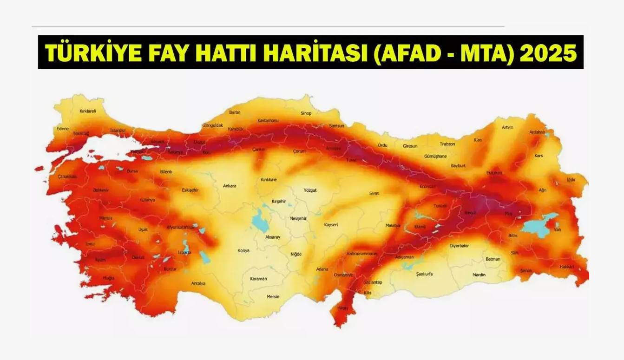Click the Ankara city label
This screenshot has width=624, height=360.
[x=230, y=186]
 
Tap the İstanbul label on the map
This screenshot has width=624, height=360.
[x=118, y=131]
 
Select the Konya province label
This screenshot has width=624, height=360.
[x=243, y=250]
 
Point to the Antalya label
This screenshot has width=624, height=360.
[x=198, y=283]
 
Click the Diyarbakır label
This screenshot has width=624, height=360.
[x=459, y=246]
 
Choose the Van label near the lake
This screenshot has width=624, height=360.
[x=558, y=229]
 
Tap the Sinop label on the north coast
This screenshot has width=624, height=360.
[x=306, y=113]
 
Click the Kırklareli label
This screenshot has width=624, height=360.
[x=87, y=111]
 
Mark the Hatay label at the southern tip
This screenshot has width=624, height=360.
[x=343, y=308]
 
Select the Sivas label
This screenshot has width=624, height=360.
[x=374, y=193]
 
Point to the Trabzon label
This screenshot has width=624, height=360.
[x=447, y=144]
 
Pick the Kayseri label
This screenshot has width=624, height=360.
[x=331, y=225]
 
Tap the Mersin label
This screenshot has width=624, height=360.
[x=273, y=296]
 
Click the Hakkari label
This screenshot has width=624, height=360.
[x=567, y=267]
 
